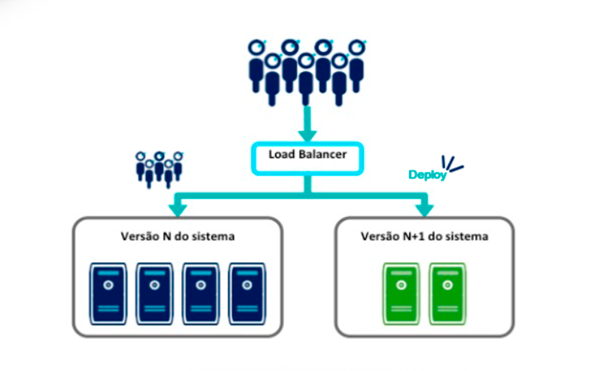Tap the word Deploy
coord(427,175)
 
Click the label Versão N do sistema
coord(177,236)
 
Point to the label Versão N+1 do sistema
coord(424,236)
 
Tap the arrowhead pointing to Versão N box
coord(177,209)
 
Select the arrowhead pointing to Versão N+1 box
coord(425,209)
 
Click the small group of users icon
coord(159,167)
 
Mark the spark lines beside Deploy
coord(452,164)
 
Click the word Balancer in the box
coord(322,155)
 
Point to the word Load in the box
coord(282,155)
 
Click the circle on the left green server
coord(400,285)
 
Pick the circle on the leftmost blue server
coord(108,285)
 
